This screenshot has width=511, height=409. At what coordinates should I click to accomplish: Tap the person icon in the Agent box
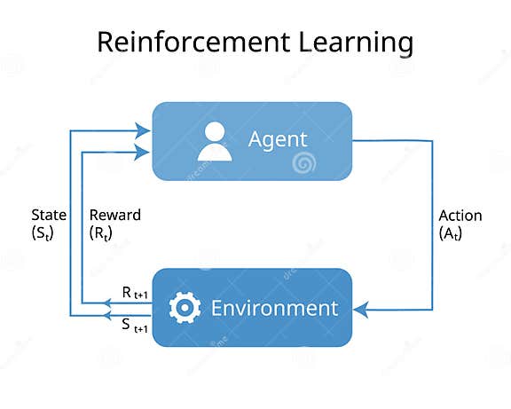[214, 141]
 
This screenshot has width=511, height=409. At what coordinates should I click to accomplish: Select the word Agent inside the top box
[277, 140]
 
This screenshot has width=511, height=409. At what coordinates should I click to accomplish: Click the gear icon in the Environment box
[185, 308]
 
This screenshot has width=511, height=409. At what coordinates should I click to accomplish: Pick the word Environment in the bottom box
[274, 309]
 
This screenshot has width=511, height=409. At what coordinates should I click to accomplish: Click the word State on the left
[49, 215]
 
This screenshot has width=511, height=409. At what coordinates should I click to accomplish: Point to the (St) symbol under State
[44, 232]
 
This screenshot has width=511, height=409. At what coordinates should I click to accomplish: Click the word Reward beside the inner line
[115, 215]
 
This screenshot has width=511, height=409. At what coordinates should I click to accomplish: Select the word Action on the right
[460, 216]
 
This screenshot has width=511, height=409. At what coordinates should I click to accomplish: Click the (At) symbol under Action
[452, 232]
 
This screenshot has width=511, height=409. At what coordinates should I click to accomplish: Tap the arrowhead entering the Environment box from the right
[359, 309]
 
